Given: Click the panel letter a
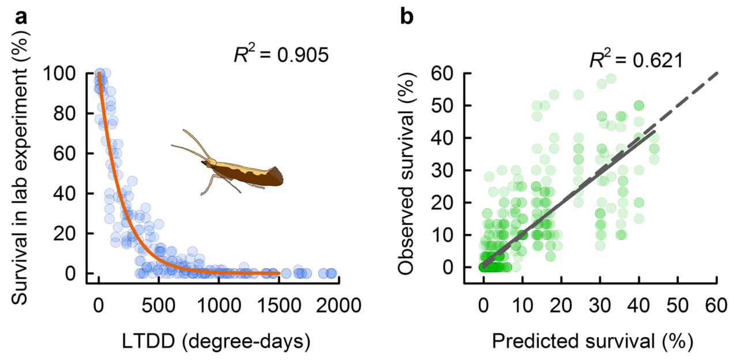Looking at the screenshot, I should [x=22, y=17].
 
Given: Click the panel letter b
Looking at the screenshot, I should [x=407, y=17].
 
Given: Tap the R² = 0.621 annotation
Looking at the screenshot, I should [x=635, y=59].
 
